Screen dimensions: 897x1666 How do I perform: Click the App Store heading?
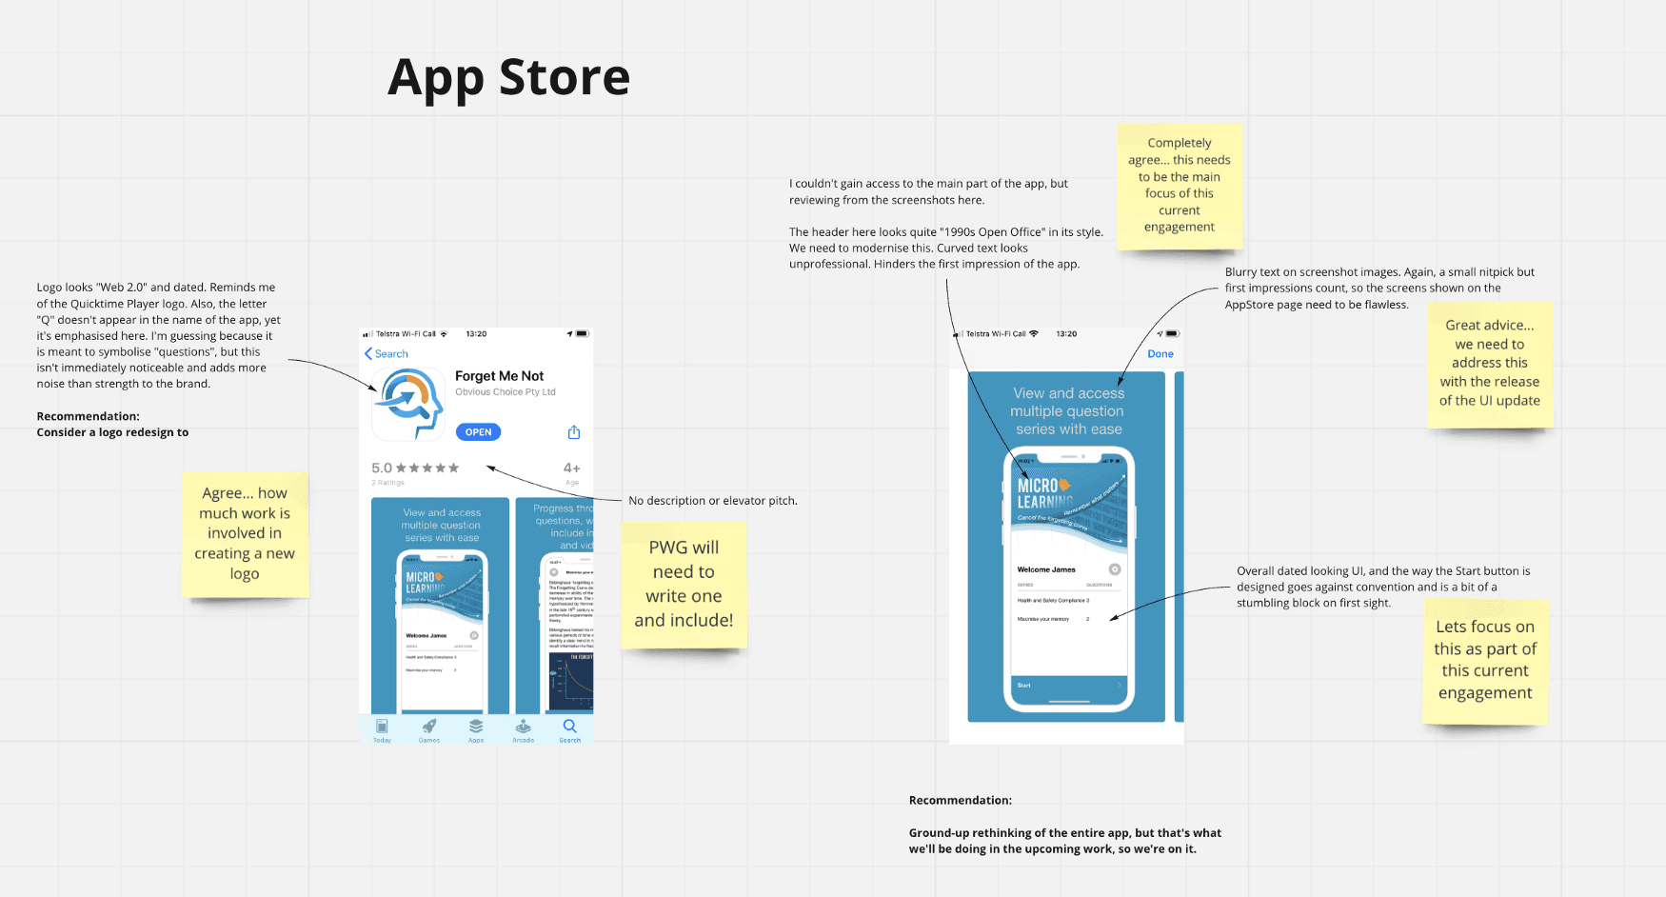[508, 77]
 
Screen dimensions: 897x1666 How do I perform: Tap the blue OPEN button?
[478, 432]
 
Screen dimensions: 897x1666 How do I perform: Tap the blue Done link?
[1160, 354]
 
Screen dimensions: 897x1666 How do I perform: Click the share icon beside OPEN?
[574, 432]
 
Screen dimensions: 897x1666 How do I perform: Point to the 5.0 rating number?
[381, 468]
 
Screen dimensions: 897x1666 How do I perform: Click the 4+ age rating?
[571, 468]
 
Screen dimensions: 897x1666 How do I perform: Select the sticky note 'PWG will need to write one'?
[684, 584]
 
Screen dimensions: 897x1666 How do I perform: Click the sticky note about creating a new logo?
[245, 533]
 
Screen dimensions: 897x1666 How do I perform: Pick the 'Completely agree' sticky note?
[1180, 185]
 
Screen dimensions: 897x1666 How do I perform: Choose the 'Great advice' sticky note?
[1489, 363]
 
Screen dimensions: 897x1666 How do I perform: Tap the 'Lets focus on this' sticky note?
[1485, 660]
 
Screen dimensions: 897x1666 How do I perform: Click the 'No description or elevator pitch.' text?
[713, 501]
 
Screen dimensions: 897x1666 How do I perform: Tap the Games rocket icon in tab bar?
[429, 727]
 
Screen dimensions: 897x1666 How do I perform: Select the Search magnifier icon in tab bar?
[569, 727]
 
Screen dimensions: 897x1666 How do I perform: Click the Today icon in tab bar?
[382, 727]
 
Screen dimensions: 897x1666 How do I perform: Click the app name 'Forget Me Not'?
[499, 376]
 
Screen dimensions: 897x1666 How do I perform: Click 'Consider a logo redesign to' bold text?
[112, 432]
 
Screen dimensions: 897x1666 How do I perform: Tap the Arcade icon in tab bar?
[523, 727]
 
